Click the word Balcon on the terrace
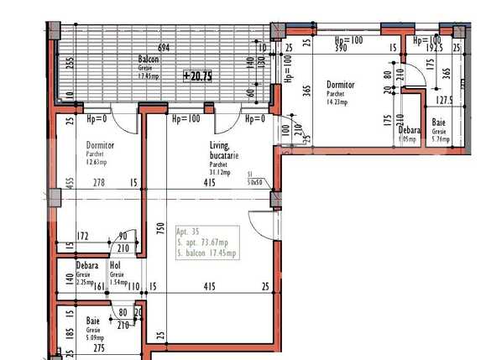click(x=149, y=59)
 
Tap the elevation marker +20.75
click(x=198, y=76)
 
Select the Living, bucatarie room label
click(x=224, y=150)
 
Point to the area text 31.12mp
click(x=221, y=173)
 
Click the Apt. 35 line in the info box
click(x=189, y=231)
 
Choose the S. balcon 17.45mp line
click(x=206, y=253)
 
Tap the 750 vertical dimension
click(x=159, y=232)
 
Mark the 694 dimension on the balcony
click(x=164, y=48)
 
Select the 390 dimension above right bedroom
click(x=341, y=50)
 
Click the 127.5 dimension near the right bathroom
click(x=445, y=99)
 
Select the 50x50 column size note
click(x=254, y=182)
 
